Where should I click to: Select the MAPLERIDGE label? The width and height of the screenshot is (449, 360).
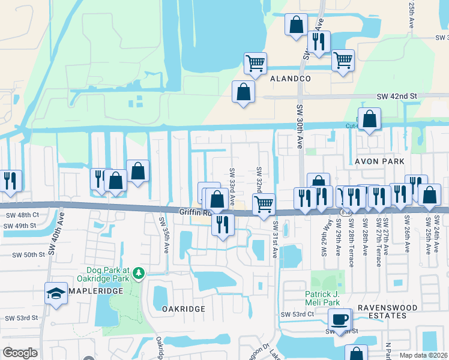(95, 290)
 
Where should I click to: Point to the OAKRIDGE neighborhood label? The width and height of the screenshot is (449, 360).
(184, 308)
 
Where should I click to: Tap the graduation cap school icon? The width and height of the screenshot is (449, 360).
(56, 293)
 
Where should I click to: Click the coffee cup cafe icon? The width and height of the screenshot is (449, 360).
(340, 319)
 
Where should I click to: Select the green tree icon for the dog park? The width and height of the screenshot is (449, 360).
(139, 274)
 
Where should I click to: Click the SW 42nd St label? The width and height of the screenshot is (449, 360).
(396, 96)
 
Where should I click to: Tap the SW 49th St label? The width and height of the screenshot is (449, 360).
(21, 226)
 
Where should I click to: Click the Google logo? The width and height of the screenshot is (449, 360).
(20, 352)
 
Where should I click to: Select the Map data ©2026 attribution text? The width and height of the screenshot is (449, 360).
(423, 355)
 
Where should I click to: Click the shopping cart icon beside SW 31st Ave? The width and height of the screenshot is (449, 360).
(264, 204)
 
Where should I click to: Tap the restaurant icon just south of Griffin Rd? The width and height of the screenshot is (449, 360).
(222, 224)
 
